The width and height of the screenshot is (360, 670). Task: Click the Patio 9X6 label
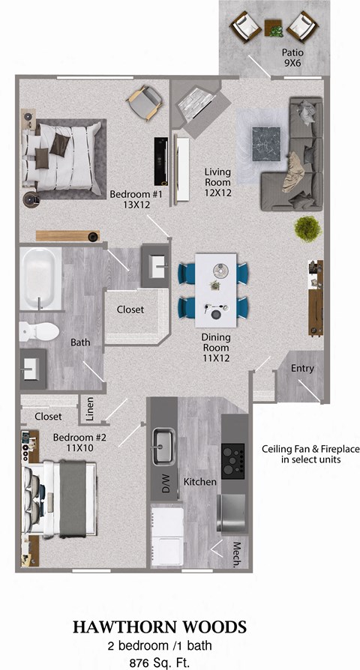click(293, 58)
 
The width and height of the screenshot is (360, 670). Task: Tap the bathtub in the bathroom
click(40, 278)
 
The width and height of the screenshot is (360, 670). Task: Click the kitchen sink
click(162, 447)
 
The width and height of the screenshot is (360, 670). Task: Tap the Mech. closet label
click(237, 555)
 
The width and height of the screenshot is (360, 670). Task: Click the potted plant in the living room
click(305, 227)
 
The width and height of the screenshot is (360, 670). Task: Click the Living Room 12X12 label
click(218, 181)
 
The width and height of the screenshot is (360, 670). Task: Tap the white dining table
click(216, 288)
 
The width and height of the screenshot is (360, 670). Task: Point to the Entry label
click(302, 369)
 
